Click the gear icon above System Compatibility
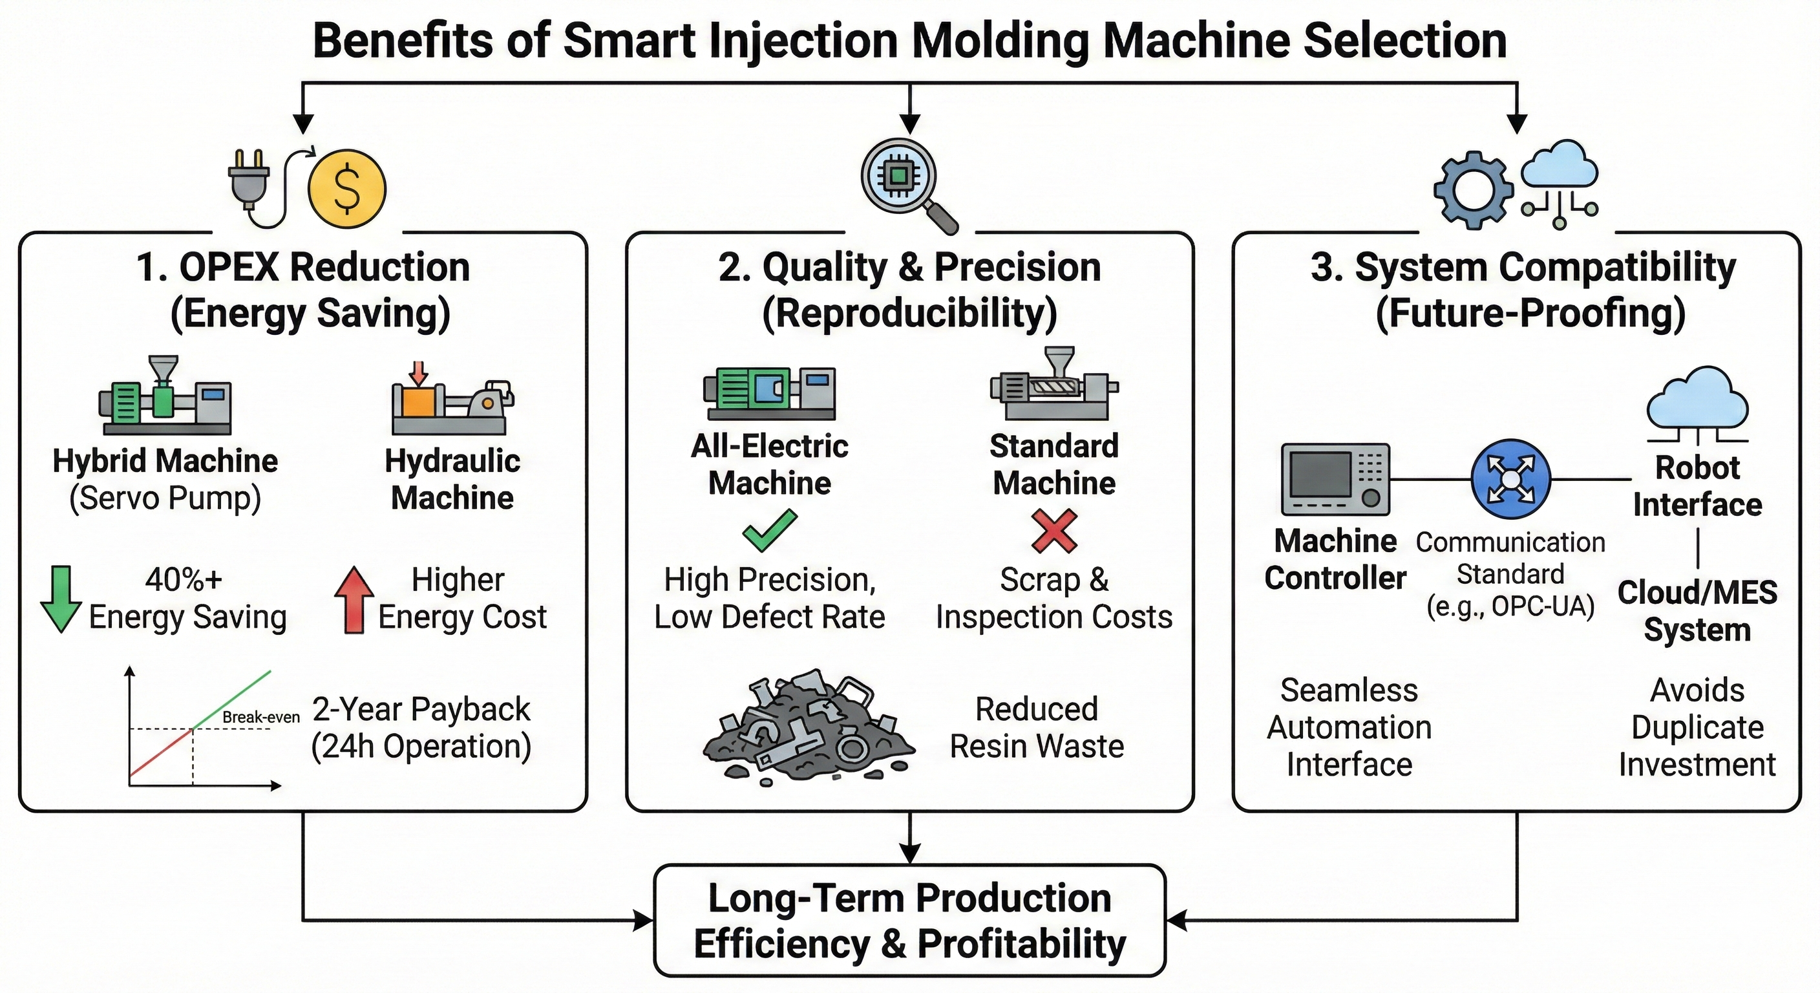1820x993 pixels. [1474, 189]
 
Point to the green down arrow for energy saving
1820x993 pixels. [61, 598]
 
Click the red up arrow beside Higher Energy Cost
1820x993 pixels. [354, 599]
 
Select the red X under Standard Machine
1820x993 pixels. [1054, 531]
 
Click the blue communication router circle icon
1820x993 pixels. [1510, 478]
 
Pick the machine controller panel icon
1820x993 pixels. [1335, 478]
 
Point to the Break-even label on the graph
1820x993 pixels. [260, 717]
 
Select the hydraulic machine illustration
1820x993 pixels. [452, 400]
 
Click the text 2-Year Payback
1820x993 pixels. [421, 709]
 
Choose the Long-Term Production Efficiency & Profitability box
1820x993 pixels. [909, 920]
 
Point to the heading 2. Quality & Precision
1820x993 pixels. [909, 268]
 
